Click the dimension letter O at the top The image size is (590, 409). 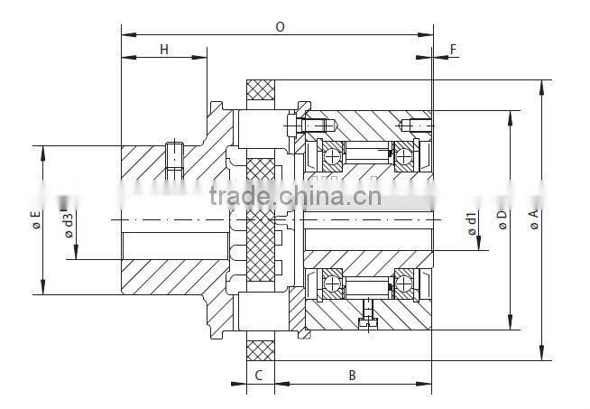tap(280, 27)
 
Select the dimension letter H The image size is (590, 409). tap(164, 50)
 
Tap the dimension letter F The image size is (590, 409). tap(452, 50)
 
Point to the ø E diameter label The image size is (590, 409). tap(35, 219)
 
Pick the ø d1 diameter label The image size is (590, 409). tap(471, 223)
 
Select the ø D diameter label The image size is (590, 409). tap(502, 219)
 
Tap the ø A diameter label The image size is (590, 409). tap(533, 219)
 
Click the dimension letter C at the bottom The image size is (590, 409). tap(258, 374)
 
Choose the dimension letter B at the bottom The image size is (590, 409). tap(353, 374)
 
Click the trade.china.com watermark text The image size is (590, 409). tap(294, 196)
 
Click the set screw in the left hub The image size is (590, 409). tap(175, 156)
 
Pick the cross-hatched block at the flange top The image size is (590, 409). tap(261, 91)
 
